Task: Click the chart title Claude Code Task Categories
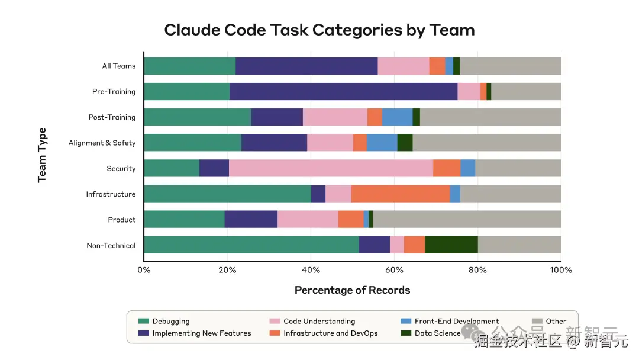click(x=319, y=30)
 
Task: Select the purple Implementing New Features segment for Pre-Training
click(x=343, y=92)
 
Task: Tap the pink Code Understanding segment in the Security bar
click(x=331, y=169)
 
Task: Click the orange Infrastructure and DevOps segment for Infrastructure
click(x=401, y=194)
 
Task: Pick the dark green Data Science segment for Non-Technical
click(x=451, y=245)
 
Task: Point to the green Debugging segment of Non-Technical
click(x=251, y=245)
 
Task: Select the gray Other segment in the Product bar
click(x=467, y=220)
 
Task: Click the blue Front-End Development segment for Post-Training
click(x=397, y=117)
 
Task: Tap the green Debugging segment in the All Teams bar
click(x=189, y=66)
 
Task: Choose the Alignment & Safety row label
click(x=102, y=143)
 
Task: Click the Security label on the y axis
click(x=121, y=169)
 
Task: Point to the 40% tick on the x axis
click(x=311, y=270)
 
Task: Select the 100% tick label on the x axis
click(x=561, y=270)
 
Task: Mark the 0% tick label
click(x=144, y=270)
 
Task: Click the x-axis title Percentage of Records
click(x=352, y=290)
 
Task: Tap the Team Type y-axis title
click(x=42, y=155)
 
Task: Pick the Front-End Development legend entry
click(x=456, y=322)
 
